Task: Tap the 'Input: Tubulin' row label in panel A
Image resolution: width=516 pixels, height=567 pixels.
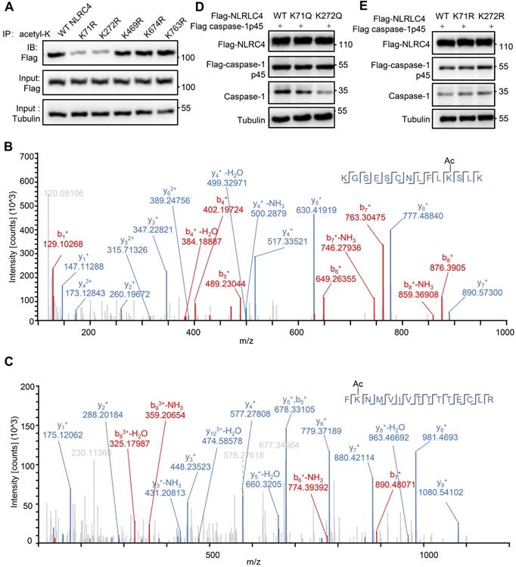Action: (23, 113)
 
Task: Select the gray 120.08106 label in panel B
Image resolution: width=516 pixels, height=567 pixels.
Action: (65, 172)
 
